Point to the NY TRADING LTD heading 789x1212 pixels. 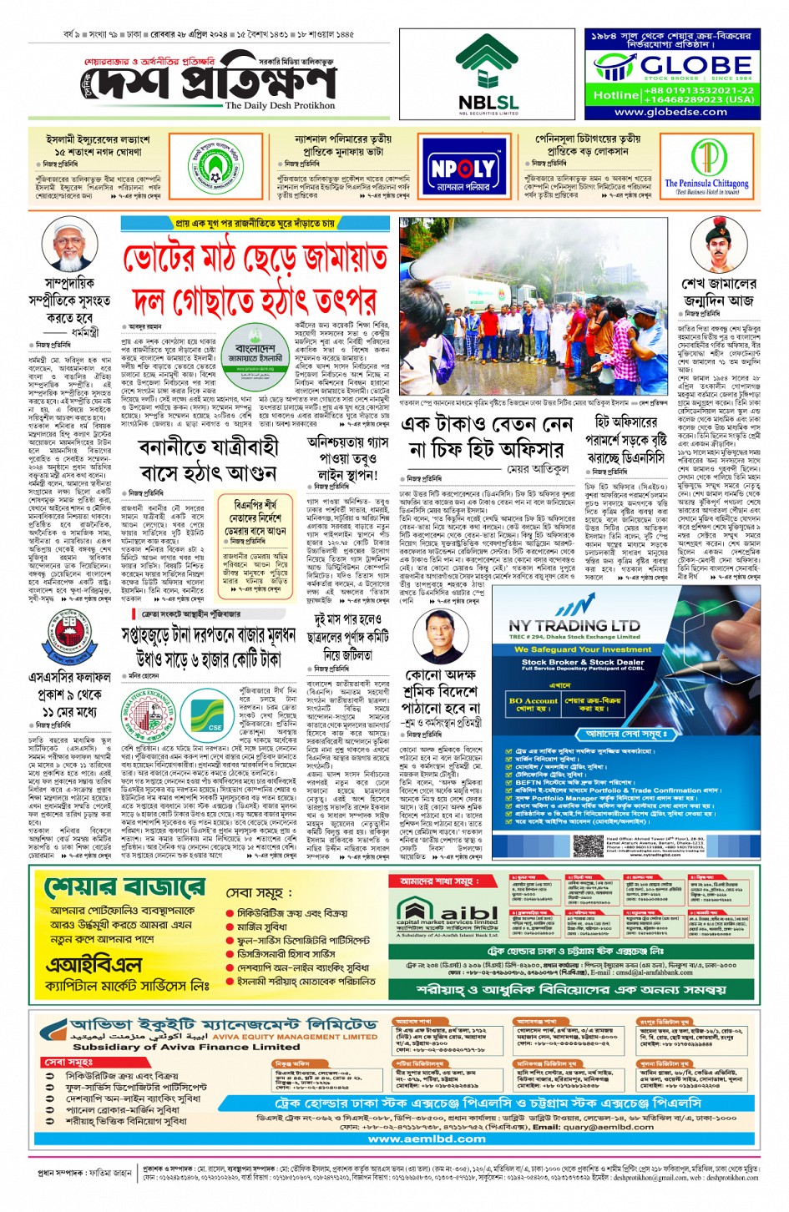(574, 625)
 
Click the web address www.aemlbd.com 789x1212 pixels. (427, 1138)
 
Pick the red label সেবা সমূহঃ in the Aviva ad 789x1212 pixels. (68, 1063)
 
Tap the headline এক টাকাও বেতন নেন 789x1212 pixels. (487, 425)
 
